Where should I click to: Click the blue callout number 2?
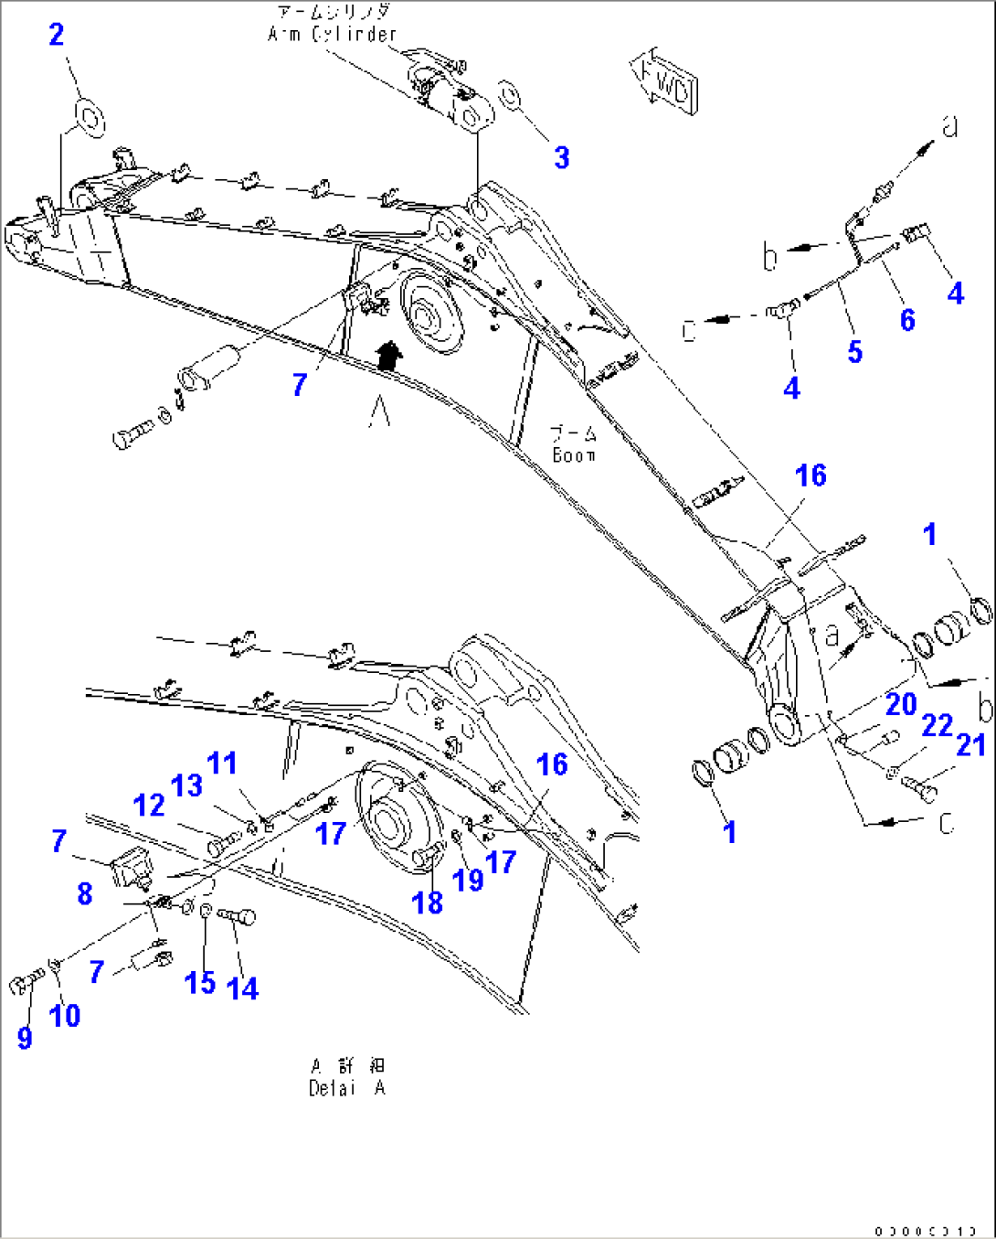[57, 36]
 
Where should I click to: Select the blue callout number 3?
[562, 157]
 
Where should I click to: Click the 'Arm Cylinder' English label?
[333, 35]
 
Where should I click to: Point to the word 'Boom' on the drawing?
[574, 455]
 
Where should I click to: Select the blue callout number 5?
[854, 351]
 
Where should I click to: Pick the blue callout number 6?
[906, 319]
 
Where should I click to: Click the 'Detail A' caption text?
[346, 1088]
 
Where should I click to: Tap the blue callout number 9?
[25, 1037]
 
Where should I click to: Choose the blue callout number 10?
[65, 1015]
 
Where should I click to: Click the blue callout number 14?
[242, 988]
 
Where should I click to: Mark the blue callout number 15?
[200, 983]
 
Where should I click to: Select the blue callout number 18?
[427, 903]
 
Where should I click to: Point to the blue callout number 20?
[900, 704]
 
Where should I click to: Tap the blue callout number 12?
[149, 806]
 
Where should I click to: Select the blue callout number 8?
[85, 893]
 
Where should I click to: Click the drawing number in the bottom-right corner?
[925, 1231]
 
